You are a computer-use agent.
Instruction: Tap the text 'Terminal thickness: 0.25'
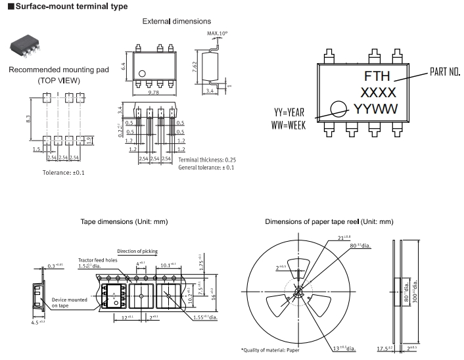[207, 160]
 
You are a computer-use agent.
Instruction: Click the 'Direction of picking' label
[137, 252]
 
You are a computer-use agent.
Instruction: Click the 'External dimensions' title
[177, 22]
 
